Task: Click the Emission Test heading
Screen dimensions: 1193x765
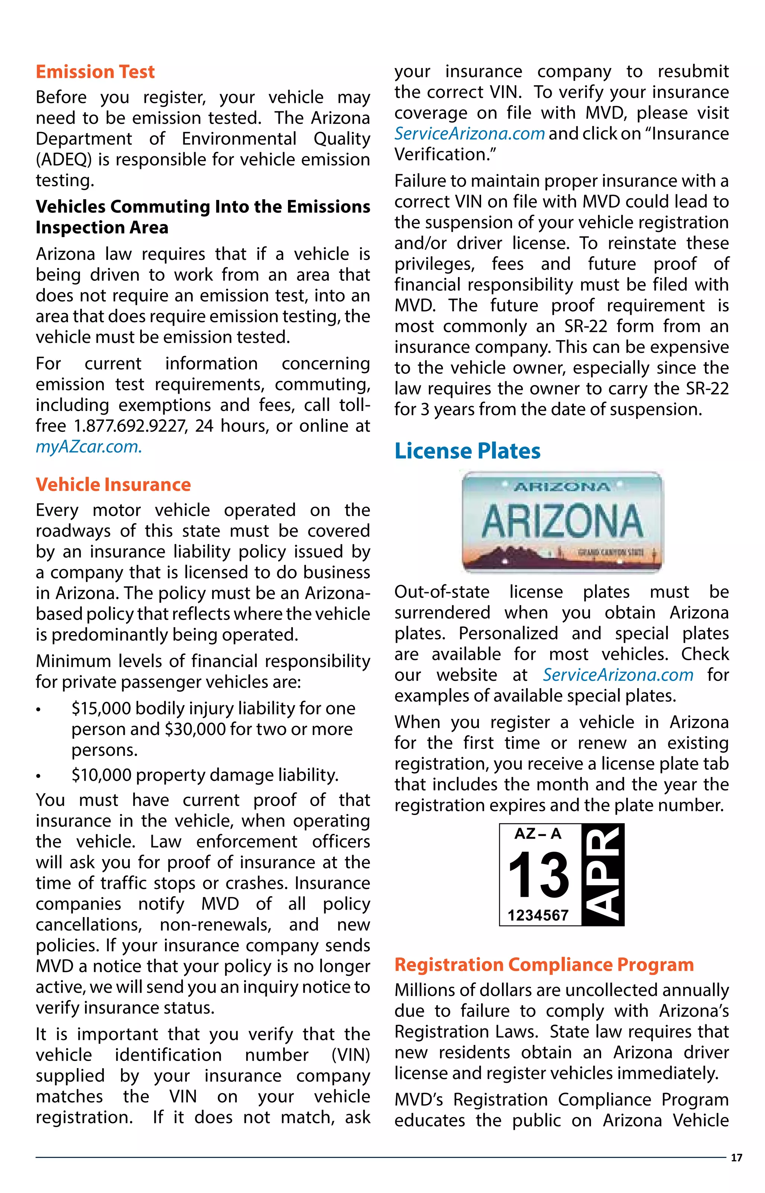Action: point(95,72)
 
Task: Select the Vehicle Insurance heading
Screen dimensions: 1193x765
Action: point(113,485)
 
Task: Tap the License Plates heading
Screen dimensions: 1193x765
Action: point(467,451)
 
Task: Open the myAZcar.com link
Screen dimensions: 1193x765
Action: point(89,447)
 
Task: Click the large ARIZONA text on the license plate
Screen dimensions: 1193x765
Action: point(562,520)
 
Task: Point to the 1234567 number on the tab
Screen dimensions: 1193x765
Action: point(538,915)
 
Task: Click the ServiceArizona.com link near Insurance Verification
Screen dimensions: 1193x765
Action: point(470,134)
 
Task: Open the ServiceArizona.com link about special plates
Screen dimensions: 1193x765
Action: point(617,675)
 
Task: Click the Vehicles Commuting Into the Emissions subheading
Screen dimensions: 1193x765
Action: point(203,207)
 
